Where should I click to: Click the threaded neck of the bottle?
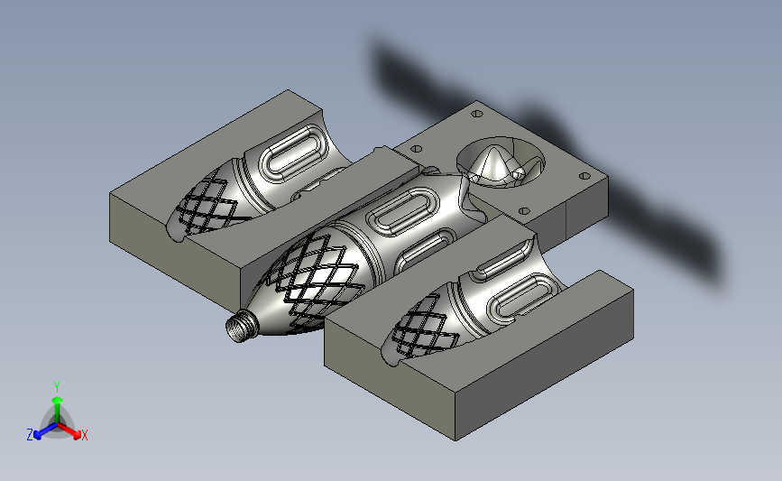tap(242, 325)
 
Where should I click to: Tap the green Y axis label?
tap(57, 387)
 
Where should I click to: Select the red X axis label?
tap(84, 435)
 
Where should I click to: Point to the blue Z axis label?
tap(30, 435)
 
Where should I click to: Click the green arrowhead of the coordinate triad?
tap(58, 400)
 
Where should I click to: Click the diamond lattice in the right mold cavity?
tap(424, 324)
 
